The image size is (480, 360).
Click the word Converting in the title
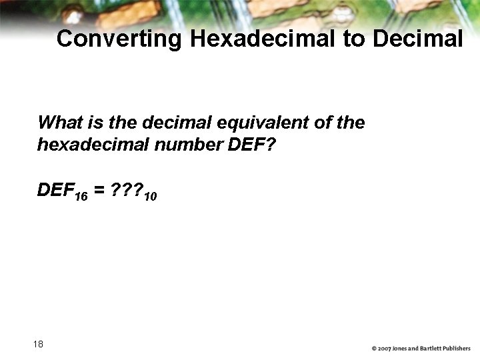(x=119, y=39)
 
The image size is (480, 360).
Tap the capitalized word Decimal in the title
(x=417, y=39)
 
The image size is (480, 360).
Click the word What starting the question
(x=58, y=123)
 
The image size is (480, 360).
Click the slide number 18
(x=38, y=344)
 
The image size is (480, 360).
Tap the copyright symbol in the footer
(x=375, y=349)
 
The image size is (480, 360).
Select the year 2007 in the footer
(x=386, y=349)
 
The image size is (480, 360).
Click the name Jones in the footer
(x=402, y=349)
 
